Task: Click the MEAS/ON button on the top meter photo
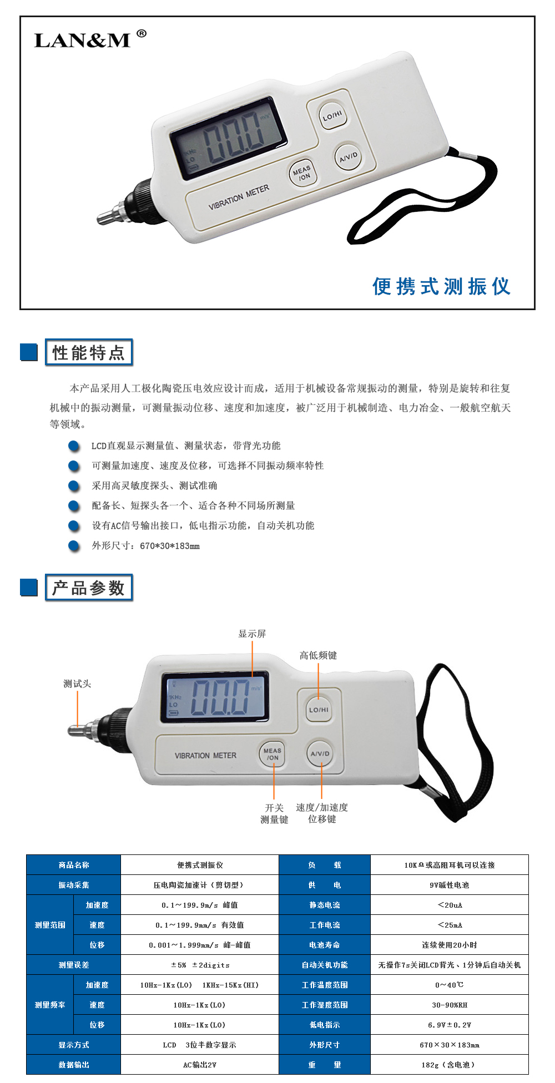(x=302, y=173)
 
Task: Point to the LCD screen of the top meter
(x=228, y=137)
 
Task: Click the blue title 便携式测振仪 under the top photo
(x=441, y=286)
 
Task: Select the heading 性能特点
(x=89, y=352)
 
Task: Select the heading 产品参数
(x=89, y=588)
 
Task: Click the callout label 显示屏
(x=252, y=634)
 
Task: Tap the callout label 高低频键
(x=318, y=655)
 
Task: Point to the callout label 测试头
(x=77, y=684)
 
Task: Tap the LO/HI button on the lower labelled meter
(x=319, y=710)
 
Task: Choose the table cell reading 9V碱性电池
(x=450, y=885)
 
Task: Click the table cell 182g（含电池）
(x=450, y=1065)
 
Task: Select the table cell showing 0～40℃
(x=450, y=985)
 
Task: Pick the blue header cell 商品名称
(x=74, y=865)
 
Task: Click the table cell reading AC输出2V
(x=200, y=1065)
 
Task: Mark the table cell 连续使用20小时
(x=450, y=945)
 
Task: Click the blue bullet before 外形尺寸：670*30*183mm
(x=74, y=545)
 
